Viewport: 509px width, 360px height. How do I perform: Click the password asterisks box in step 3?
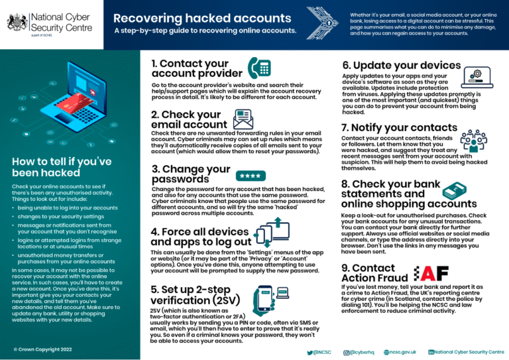click(x=250, y=176)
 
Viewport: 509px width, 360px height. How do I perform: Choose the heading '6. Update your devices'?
click(x=401, y=66)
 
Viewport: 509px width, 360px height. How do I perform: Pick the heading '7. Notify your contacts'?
click(x=399, y=127)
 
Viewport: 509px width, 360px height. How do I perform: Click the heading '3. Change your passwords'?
click(x=191, y=174)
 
